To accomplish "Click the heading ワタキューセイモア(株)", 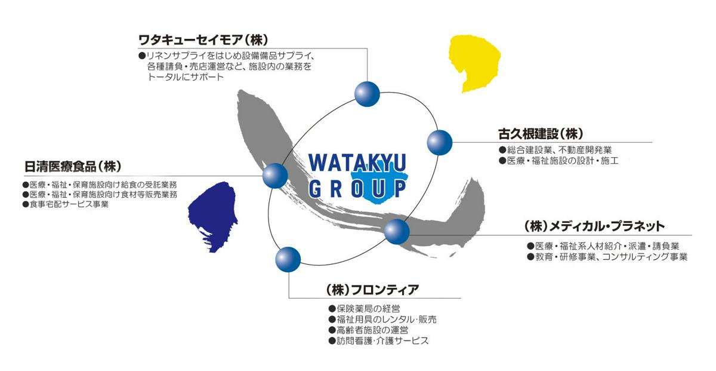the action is tap(203, 40).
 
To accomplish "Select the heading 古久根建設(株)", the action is tap(541, 134).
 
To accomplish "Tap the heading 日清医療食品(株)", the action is tap(73, 167).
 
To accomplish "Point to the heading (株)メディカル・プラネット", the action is tap(594, 226).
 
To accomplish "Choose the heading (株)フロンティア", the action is tap(372, 290).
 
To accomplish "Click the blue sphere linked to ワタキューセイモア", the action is tap(367, 94).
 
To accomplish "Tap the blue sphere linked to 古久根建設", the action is tap(440, 142).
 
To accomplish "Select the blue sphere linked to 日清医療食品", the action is tap(275, 176).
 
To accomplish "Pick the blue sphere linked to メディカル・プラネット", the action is tap(396, 231).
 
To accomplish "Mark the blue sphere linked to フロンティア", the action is tap(288, 259).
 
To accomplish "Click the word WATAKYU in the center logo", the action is tap(357, 163).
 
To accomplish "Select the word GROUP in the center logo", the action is tap(357, 189).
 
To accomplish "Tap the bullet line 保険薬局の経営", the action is tap(364, 309).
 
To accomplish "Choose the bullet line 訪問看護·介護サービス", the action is tap(378, 341).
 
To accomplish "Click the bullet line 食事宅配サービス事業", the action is tap(66, 204).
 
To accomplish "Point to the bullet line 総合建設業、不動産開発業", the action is tap(555, 150).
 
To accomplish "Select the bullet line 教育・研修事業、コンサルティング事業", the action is tap(607, 257).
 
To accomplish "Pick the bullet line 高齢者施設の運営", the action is tap(368, 330).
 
